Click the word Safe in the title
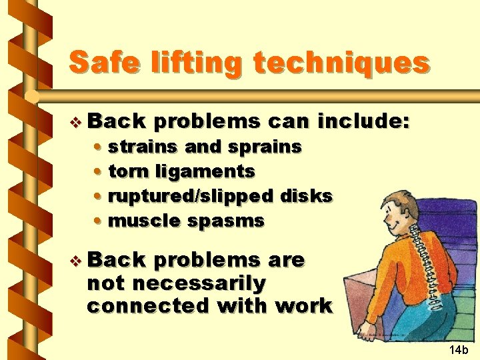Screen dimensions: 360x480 [101, 63]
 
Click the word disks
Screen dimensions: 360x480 [306, 196]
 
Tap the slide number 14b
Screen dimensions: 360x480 [459, 349]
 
